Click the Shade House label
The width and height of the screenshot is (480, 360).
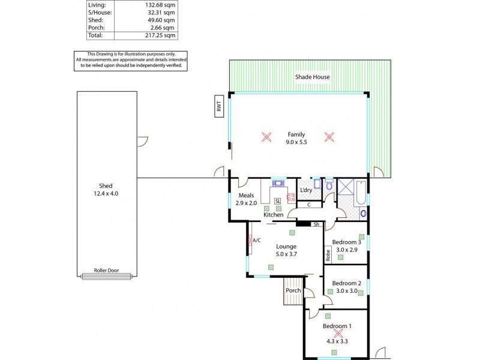click(312, 77)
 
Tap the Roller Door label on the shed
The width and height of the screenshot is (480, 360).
click(106, 271)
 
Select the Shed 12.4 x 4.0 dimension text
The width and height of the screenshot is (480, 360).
click(106, 193)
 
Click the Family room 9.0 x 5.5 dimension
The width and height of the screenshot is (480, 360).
click(296, 142)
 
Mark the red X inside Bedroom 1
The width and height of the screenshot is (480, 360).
click(338, 333)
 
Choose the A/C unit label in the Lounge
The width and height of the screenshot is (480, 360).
click(257, 240)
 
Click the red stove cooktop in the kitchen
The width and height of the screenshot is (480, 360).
click(291, 196)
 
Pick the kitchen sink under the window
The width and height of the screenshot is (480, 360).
click(279, 183)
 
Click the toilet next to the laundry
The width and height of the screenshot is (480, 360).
click(329, 185)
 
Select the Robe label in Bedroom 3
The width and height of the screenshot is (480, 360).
click(328, 254)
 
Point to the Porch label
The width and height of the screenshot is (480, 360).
click(293, 290)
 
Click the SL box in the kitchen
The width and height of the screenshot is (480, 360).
click(277, 201)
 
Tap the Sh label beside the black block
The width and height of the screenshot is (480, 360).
click(316, 224)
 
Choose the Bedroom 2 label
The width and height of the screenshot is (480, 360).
click(346, 283)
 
